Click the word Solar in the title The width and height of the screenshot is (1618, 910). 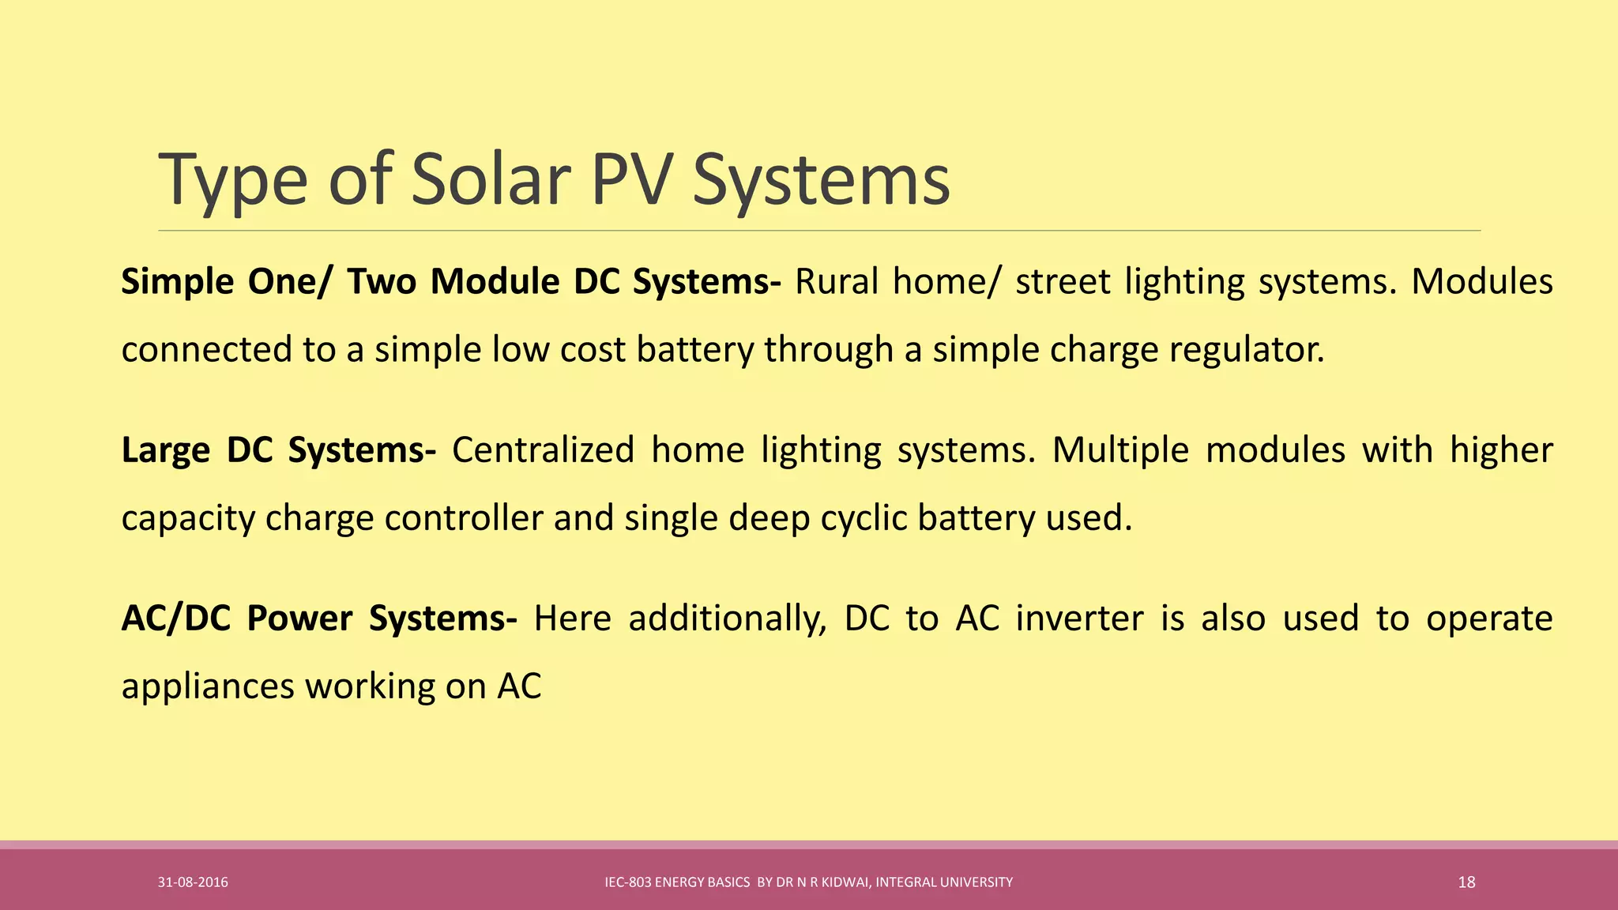coord(490,180)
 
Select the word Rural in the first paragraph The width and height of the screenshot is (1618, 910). coord(836,282)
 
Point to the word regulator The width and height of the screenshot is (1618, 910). coord(1246,350)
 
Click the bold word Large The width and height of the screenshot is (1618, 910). coord(165,450)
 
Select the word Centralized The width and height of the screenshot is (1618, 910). coord(543,450)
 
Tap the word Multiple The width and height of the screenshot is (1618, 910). coord(1120,450)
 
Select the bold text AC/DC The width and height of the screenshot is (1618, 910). coord(175,619)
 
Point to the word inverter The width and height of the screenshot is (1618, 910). coord(1079,619)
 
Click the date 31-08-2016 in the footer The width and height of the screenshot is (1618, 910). coord(193,882)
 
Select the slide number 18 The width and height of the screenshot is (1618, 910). coord(1466,882)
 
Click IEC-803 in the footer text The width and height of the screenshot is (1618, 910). coord(628,882)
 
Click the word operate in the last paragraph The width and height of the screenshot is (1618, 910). coord(1489,619)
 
